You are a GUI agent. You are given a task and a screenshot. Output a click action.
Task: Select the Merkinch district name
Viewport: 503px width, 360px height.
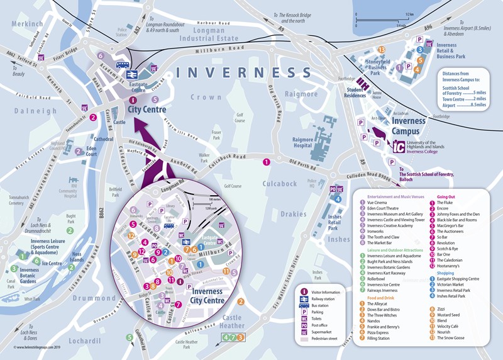click(x=27, y=24)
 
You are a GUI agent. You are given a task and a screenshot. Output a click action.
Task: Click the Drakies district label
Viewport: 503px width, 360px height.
click(x=294, y=215)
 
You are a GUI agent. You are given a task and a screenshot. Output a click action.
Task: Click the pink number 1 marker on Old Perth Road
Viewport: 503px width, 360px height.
click(x=267, y=162)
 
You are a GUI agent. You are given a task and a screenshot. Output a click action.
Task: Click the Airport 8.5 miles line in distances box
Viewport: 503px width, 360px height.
click(x=464, y=106)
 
